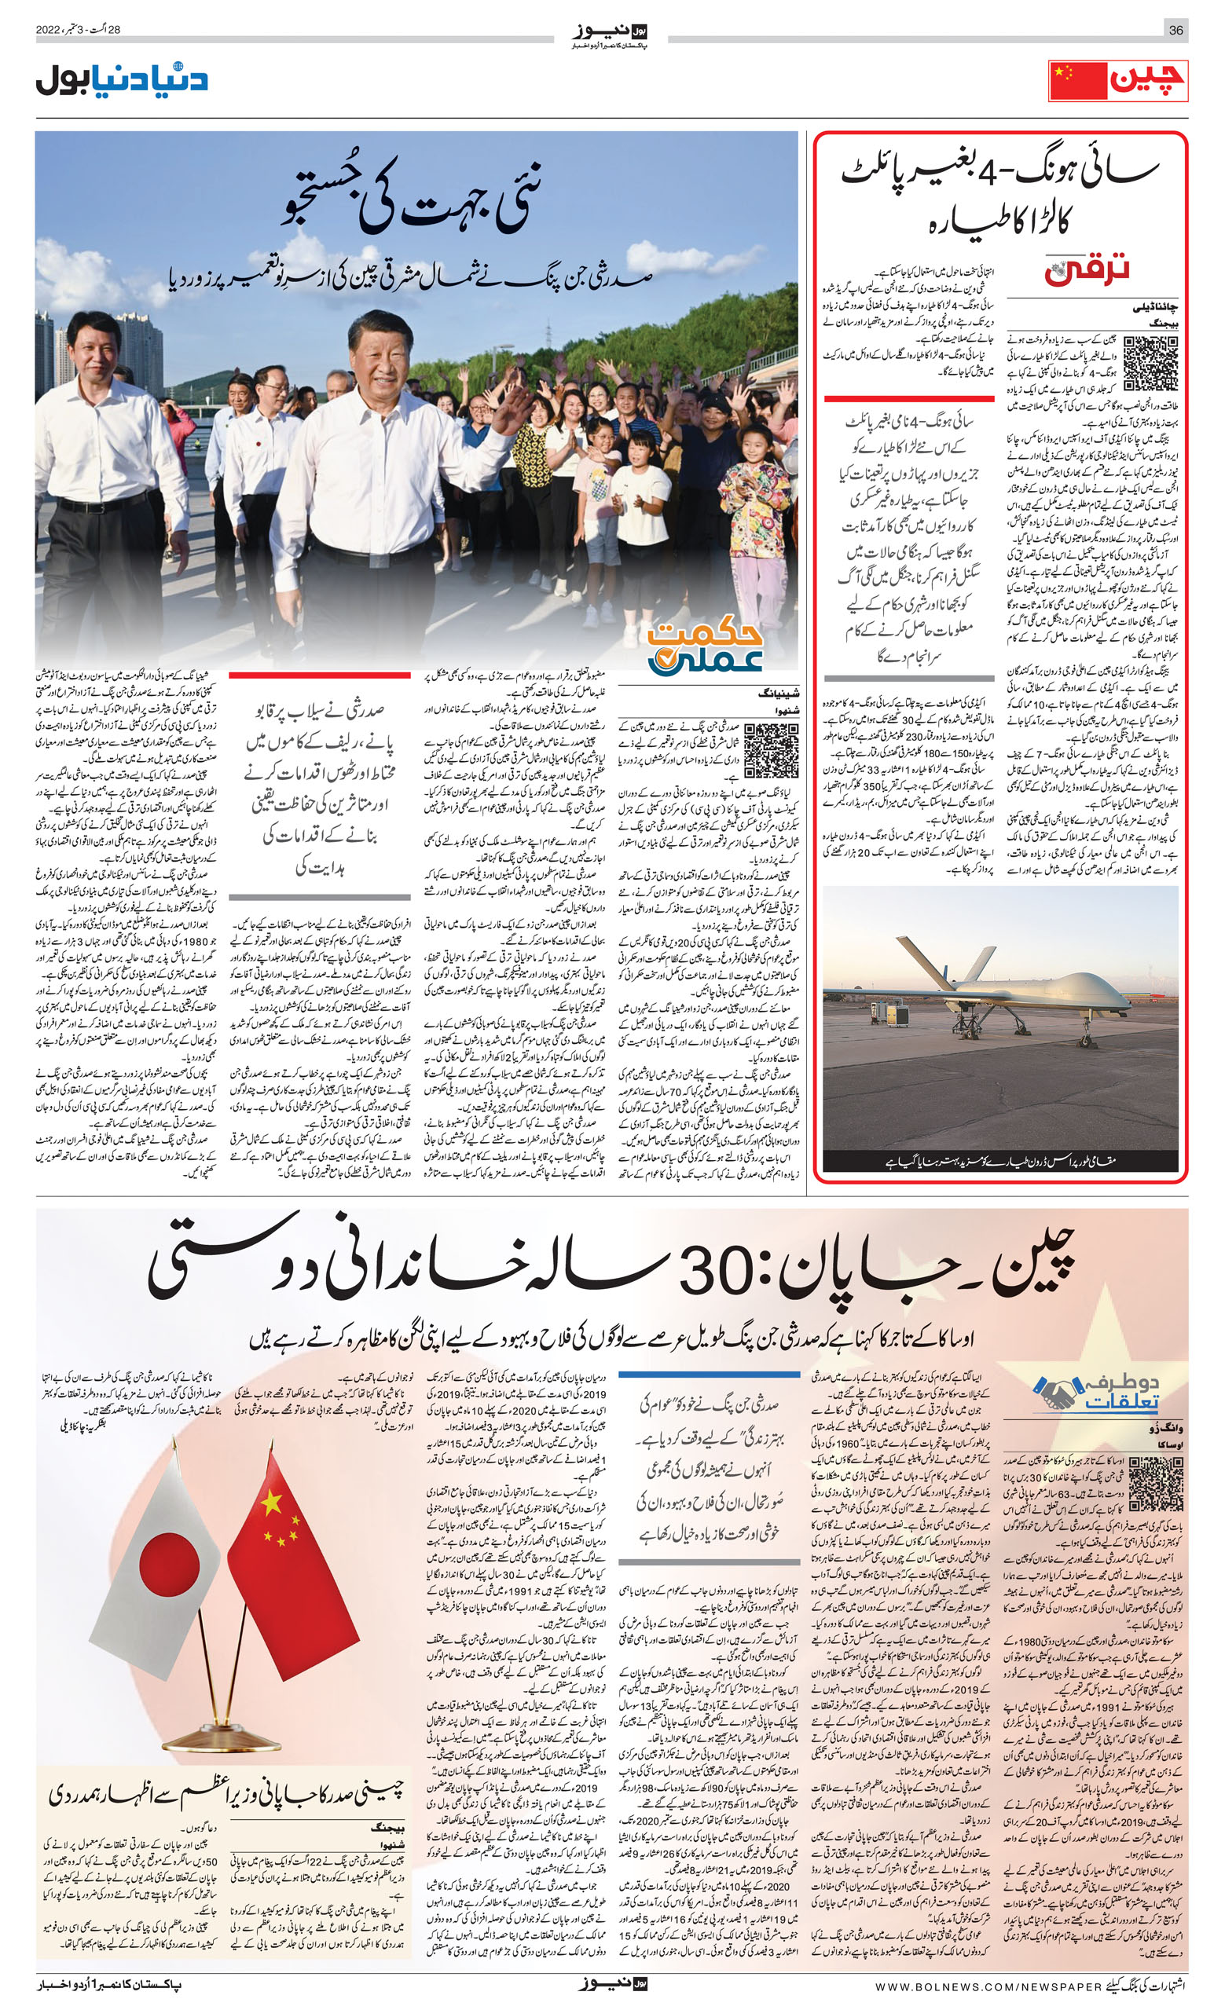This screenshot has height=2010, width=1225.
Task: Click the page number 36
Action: [1175, 30]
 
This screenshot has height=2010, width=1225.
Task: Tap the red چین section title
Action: [1146, 82]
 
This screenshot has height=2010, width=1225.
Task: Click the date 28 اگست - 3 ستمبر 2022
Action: [79, 30]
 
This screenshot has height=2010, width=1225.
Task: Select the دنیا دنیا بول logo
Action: [122, 81]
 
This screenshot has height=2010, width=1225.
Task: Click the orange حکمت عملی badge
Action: [705, 648]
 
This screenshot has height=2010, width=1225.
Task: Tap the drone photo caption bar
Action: [1000, 1159]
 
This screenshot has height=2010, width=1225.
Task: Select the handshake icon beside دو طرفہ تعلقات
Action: [1056, 1393]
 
